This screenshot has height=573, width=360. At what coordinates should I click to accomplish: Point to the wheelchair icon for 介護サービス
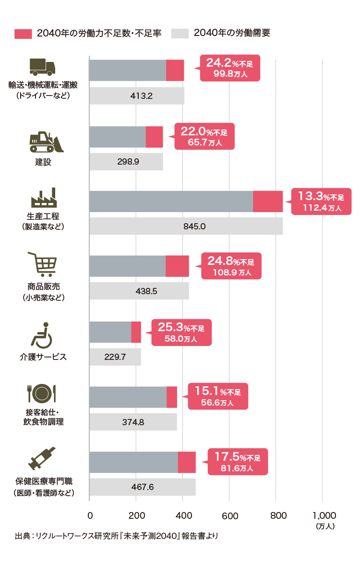pos(42,335)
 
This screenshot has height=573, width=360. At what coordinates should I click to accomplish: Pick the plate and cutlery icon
pos(42,394)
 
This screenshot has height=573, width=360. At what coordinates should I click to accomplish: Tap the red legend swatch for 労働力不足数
pos(23,34)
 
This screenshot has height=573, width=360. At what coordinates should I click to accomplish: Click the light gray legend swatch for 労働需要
pos(180,34)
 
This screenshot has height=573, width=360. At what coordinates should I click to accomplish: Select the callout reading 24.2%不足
pos(229,68)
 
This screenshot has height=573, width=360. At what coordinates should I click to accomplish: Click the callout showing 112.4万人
pos(322,202)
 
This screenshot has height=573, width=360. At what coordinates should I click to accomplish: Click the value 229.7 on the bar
pos(115,357)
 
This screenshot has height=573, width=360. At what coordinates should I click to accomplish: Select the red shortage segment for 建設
pos(154,137)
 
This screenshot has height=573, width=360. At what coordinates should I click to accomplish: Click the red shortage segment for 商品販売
pos(177,266)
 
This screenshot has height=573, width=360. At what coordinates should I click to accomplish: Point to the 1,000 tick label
pos(324,516)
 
